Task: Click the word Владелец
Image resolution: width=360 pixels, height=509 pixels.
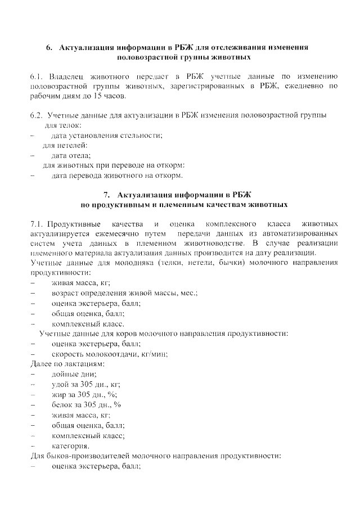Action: [67, 76]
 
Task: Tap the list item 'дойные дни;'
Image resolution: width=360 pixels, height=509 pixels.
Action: [74, 374]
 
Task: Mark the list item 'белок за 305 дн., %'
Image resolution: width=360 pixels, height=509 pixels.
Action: [87, 404]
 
